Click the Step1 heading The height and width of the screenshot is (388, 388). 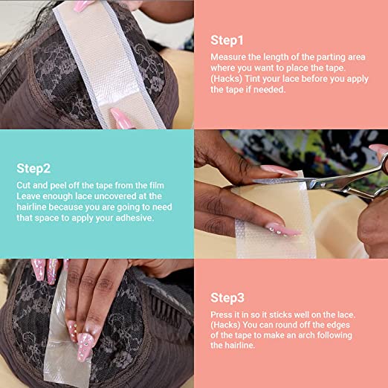227,40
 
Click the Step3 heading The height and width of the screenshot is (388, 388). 227,297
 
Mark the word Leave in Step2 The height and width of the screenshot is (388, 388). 30,196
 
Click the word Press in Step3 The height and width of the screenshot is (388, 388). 224,314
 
